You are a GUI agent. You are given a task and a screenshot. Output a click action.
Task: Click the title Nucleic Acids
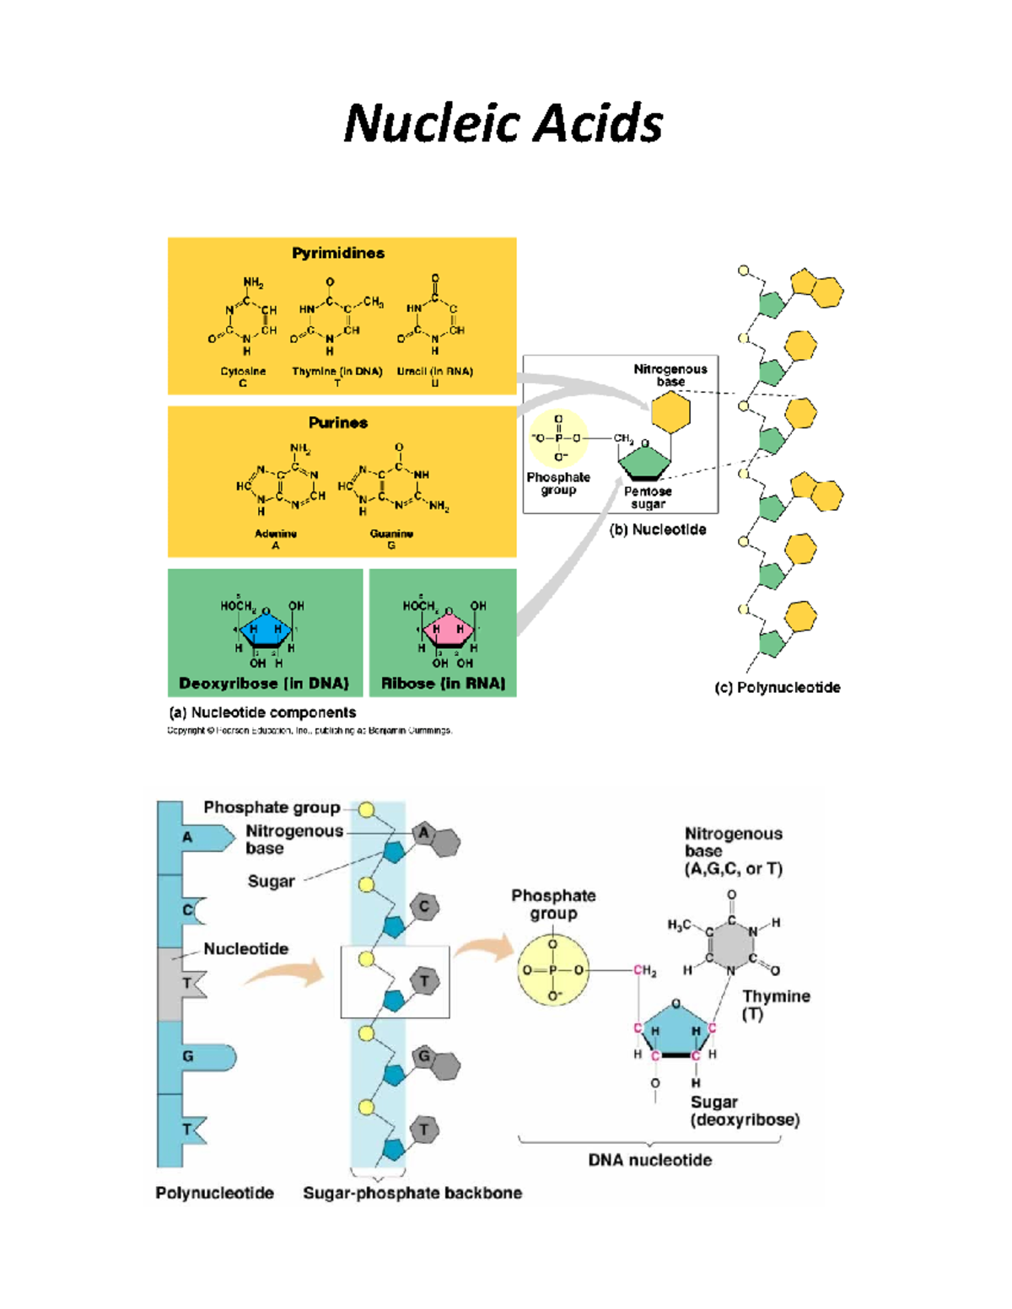(503, 124)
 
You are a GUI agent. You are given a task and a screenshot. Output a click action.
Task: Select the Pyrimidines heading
(338, 253)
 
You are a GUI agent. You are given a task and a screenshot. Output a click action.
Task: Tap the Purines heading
(337, 422)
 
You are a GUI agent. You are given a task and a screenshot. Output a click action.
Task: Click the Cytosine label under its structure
(243, 372)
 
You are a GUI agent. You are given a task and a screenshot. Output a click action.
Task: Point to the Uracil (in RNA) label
(434, 372)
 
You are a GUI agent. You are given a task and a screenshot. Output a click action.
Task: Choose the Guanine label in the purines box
(391, 534)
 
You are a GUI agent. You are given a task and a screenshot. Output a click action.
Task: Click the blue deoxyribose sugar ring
(265, 629)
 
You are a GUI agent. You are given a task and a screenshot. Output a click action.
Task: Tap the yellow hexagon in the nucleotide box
(670, 412)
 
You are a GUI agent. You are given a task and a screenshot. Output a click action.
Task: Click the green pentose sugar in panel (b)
(644, 461)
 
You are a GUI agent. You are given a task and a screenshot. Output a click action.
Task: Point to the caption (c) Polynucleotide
(777, 688)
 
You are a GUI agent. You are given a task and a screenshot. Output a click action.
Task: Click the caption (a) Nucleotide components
(262, 712)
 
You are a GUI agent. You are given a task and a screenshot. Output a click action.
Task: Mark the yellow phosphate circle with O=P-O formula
(553, 970)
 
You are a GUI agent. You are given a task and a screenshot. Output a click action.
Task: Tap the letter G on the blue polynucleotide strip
(188, 1056)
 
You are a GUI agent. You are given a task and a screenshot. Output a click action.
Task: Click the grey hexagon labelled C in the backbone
(424, 907)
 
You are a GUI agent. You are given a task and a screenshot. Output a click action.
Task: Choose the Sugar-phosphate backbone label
(412, 1193)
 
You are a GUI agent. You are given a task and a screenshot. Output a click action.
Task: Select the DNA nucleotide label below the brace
(649, 1160)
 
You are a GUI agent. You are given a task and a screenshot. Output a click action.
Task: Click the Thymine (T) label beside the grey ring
(776, 1004)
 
